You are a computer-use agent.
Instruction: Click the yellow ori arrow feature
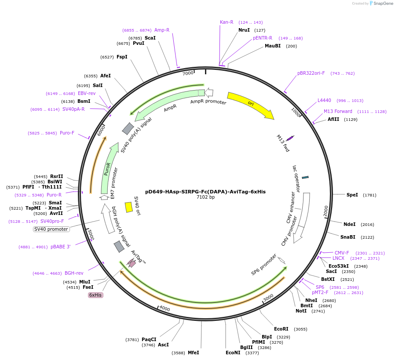pos(250,105)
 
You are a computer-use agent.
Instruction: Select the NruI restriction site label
pos(244,30)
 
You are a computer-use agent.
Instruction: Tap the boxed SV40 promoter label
pos(51,229)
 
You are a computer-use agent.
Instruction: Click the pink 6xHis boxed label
pos(95,295)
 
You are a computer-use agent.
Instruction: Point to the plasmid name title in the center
pos(205,192)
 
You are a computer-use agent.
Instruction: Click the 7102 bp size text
pos(205,197)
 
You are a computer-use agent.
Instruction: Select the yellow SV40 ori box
pos(128,207)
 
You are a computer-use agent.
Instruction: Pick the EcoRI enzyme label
pos(281,329)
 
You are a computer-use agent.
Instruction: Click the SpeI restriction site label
pos(352,195)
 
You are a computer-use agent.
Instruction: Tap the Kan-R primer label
pos(227,22)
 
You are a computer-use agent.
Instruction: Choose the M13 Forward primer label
pos(338,111)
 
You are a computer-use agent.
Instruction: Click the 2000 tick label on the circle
pos(326,211)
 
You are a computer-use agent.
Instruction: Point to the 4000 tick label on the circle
pos(165,308)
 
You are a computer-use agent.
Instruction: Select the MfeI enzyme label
pos(194,353)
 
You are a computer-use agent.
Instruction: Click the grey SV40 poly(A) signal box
pos(128,128)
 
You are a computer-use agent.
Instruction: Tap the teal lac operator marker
pos(305,177)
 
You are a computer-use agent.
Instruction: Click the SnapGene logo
pos(380,4)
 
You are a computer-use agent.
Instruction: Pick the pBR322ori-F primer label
pos(311,73)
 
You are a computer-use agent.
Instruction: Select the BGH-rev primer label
pos(74,273)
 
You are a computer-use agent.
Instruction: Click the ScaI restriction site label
pos(150,38)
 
